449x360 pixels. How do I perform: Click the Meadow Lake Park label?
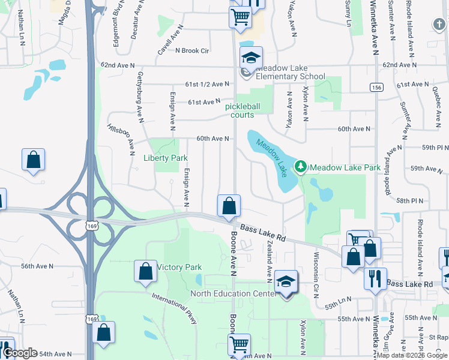pos(345,167)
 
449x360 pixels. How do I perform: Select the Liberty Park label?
pos(166,158)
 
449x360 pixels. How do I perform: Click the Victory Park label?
pos(179,267)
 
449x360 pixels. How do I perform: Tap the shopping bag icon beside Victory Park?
pos(146,271)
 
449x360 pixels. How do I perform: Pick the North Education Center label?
pos(232,293)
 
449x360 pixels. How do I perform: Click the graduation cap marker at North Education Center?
pos(286,281)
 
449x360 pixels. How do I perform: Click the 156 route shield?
pos(376,87)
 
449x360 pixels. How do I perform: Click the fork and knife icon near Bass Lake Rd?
pos(375,278)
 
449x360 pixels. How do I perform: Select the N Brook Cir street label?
pos(191,51)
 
